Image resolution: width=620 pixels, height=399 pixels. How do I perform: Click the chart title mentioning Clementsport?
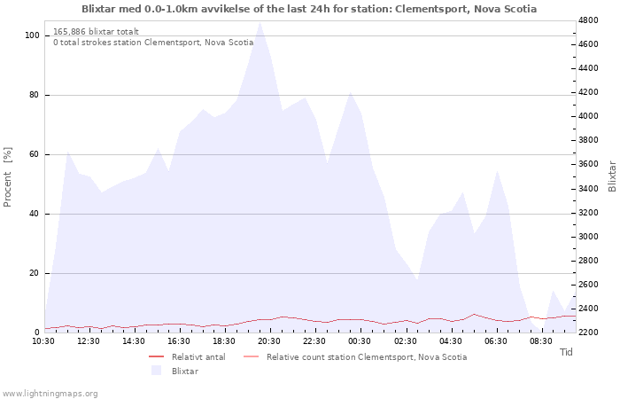pyautogui.click(x=309, y=9)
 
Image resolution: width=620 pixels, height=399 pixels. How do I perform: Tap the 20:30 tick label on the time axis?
pyautogui.click(x=269, y=341)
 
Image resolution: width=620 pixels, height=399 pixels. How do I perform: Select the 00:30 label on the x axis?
pyautogui.click(x=360, y=341)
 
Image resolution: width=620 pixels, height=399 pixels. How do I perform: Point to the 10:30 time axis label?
pyautogui.click(x=43, y=341)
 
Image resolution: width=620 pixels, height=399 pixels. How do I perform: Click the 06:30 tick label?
pyautogui.click(x=495, y=341)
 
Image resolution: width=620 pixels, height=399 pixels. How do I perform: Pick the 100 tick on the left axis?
pyautogui.click(x=33, y=35)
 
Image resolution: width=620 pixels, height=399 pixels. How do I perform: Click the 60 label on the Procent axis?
pyautogui.click(x=35, y=154)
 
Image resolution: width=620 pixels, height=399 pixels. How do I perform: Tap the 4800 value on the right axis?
pyautogui.click(x=589, y=20)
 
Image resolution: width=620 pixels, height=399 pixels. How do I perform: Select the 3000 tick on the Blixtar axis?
pyautogui.click(x=589, y=237)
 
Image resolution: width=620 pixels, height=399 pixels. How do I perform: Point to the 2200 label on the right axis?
pyautogui.click(x=589, y=332)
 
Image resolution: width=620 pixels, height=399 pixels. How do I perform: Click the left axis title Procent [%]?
pyautogui.click(x=7, y=177)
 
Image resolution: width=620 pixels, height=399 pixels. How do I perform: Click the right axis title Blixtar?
pyautogui.click(x=612, y=176)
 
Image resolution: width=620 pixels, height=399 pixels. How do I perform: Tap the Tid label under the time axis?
pyautogui.click(x=566, y=352)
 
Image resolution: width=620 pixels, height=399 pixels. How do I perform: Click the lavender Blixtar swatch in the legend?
pyautogui.click(x=156, y=371)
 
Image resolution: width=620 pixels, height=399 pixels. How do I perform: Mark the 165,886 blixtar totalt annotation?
pyautogui.click(x=96, y=32)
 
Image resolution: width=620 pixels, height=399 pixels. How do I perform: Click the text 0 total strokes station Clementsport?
pyautogui.click(x=153, y=43)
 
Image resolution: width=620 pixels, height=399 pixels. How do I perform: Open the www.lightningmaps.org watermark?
pyautogui.click(x=49, y=394)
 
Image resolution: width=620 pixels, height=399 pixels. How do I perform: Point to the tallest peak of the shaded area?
pyautogui.click(x=260, y=22)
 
